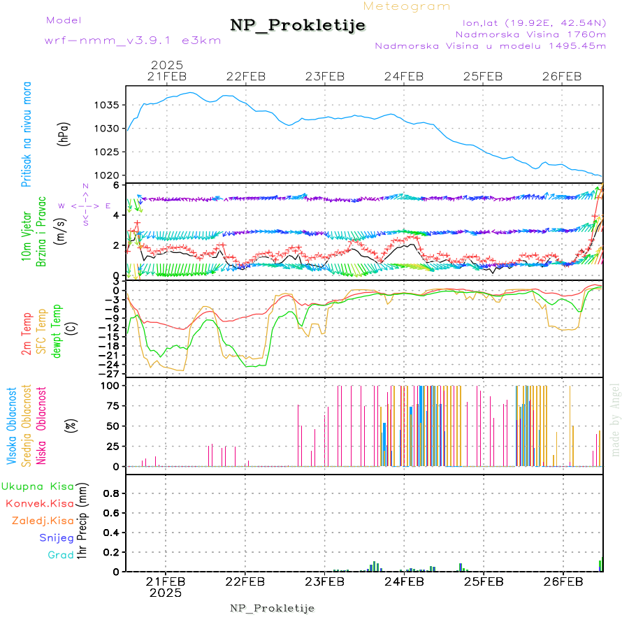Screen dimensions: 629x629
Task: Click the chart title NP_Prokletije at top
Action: click(298, 26)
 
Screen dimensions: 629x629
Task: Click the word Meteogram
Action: click(407, 6)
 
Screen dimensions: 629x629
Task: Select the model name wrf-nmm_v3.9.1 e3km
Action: click(132, 41)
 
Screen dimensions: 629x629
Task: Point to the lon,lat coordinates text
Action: click(529, 22)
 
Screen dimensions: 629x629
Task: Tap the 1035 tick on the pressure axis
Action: click(108, 106)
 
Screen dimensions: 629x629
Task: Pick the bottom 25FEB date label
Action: click(484, 581)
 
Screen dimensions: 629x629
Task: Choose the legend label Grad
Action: click(61, 555)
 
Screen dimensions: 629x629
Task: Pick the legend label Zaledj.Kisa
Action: click(43, 520)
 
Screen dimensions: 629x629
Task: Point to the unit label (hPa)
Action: click(64, 133)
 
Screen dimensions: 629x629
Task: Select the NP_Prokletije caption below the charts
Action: click(273, 608)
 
